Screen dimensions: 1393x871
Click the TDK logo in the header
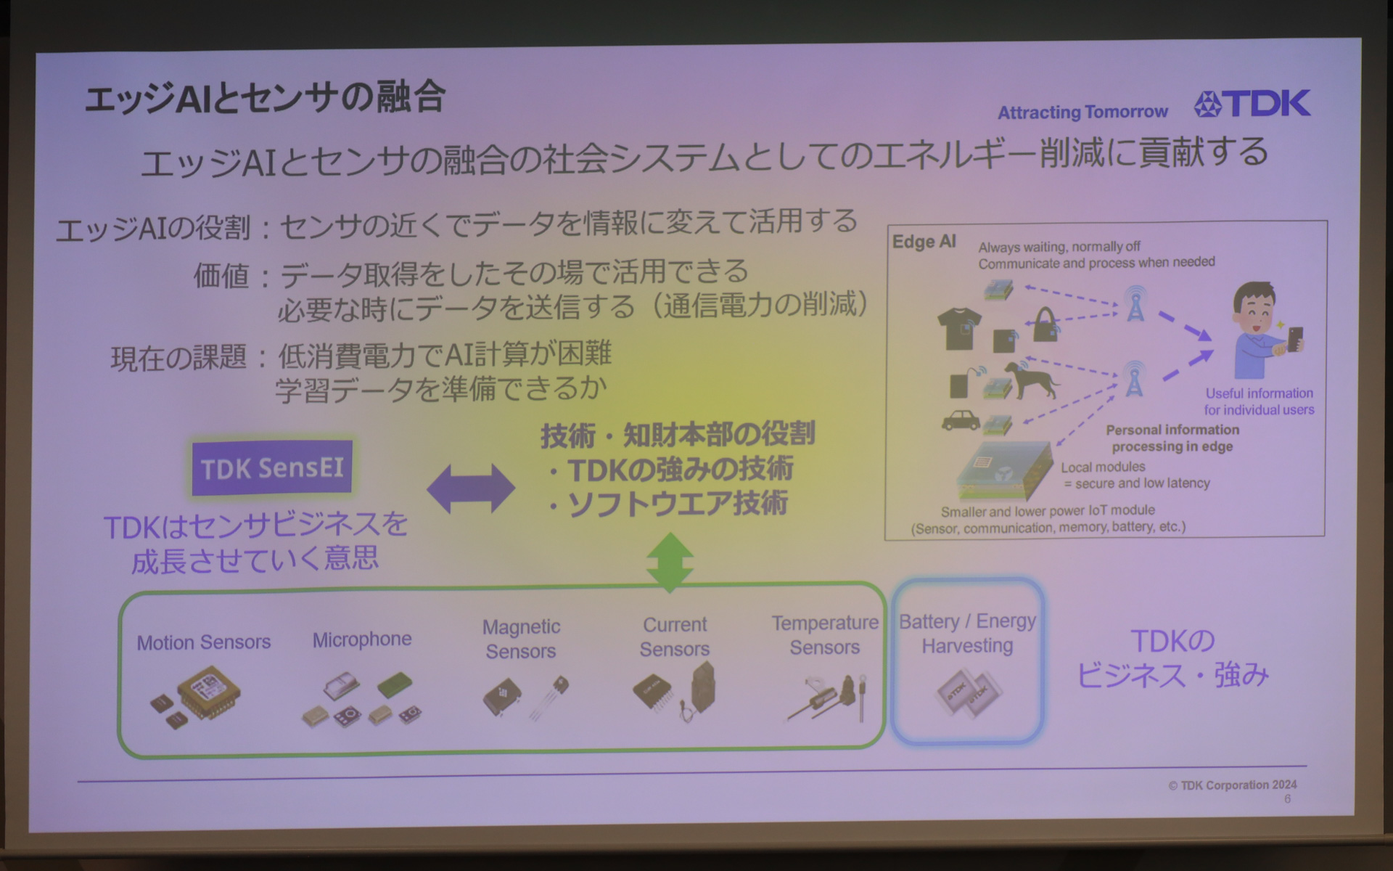click(1252, 104)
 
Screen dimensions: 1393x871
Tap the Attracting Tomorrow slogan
click(1082, 112)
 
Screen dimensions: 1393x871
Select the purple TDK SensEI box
click(272, 468)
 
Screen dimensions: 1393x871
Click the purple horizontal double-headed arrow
click(471, 488)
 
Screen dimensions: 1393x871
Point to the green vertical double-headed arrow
click(670, 563)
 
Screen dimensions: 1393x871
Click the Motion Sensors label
click(204, 642)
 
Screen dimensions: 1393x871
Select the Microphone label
click(362, 639)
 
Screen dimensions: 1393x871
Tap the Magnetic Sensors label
click(521, 639)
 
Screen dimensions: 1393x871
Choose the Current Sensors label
click(675, 637)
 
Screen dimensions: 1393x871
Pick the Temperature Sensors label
click(825, 635)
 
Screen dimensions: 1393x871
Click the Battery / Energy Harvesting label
click(967, 633)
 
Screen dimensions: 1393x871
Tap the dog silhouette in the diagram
click(1035, 380)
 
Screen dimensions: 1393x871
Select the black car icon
click(960, 420)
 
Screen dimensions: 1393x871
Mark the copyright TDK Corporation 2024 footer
click(1233, 785)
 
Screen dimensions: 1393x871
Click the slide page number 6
click(1288, 799)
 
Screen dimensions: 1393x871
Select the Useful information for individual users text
click(1260, 401)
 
